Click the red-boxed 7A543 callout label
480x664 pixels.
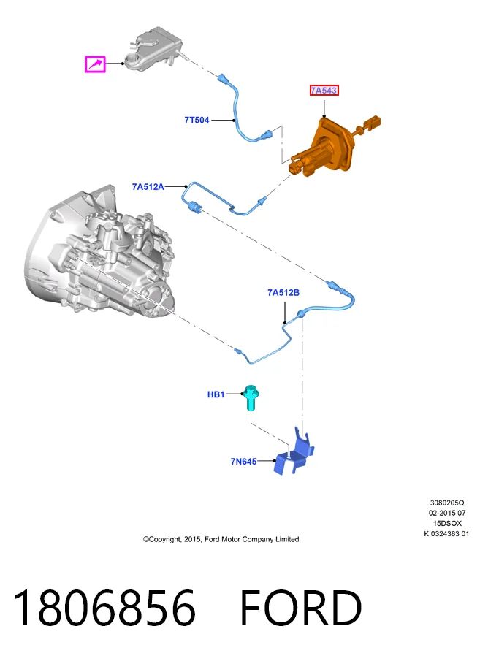(x=324, y=90)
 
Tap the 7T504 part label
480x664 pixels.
(x=197, y=120)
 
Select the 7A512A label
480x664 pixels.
(x=148, y=187)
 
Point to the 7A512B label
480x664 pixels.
(x=283, y=293)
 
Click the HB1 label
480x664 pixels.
(x=216, y=394)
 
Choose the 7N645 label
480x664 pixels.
(x=243, y=461)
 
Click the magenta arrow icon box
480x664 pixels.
(x=95, y=64)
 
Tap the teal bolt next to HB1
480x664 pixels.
(x=251, y=397)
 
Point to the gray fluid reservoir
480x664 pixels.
(x=156, y=48)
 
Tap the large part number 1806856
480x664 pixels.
(x=104, y=607)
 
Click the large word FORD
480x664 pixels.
(x=301, y=607)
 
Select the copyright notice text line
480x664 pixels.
(x=221, y=539)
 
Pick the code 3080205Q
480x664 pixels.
(x=447, y=503)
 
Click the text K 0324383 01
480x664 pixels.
(x=446, y=533)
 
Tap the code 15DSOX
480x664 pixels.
(x=447, y=524)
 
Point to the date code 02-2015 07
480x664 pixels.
(x=447, y=513)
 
